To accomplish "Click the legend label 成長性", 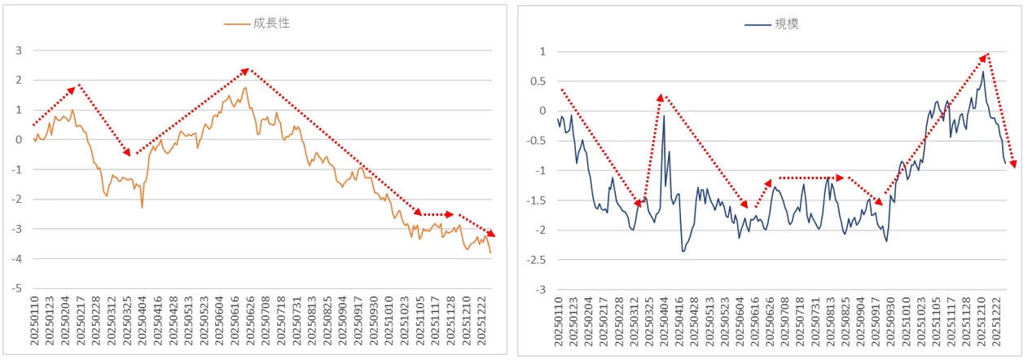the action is [271, 23].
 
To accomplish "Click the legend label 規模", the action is [787, 24].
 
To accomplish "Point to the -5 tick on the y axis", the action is [16, 288].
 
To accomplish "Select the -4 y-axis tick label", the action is [16, 259].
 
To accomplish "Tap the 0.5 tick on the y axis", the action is [538, 81].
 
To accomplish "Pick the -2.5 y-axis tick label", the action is [536, 260].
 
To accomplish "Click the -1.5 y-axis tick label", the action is [536, 200].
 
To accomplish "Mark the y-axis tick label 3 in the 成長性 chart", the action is [19, 50].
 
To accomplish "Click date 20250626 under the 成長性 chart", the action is [250, 321].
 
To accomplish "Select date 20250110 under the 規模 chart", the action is [558, 322].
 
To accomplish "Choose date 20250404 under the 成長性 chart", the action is [142, 321].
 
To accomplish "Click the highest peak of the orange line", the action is [245, 87].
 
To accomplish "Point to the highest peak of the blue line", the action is [983, 71].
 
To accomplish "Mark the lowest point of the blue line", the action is [683, 251].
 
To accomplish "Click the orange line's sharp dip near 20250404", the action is [143, 208].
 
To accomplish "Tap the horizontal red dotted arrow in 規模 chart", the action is [811, 178].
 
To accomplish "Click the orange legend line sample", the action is [237, 24].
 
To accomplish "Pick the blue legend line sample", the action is [758, 24].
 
